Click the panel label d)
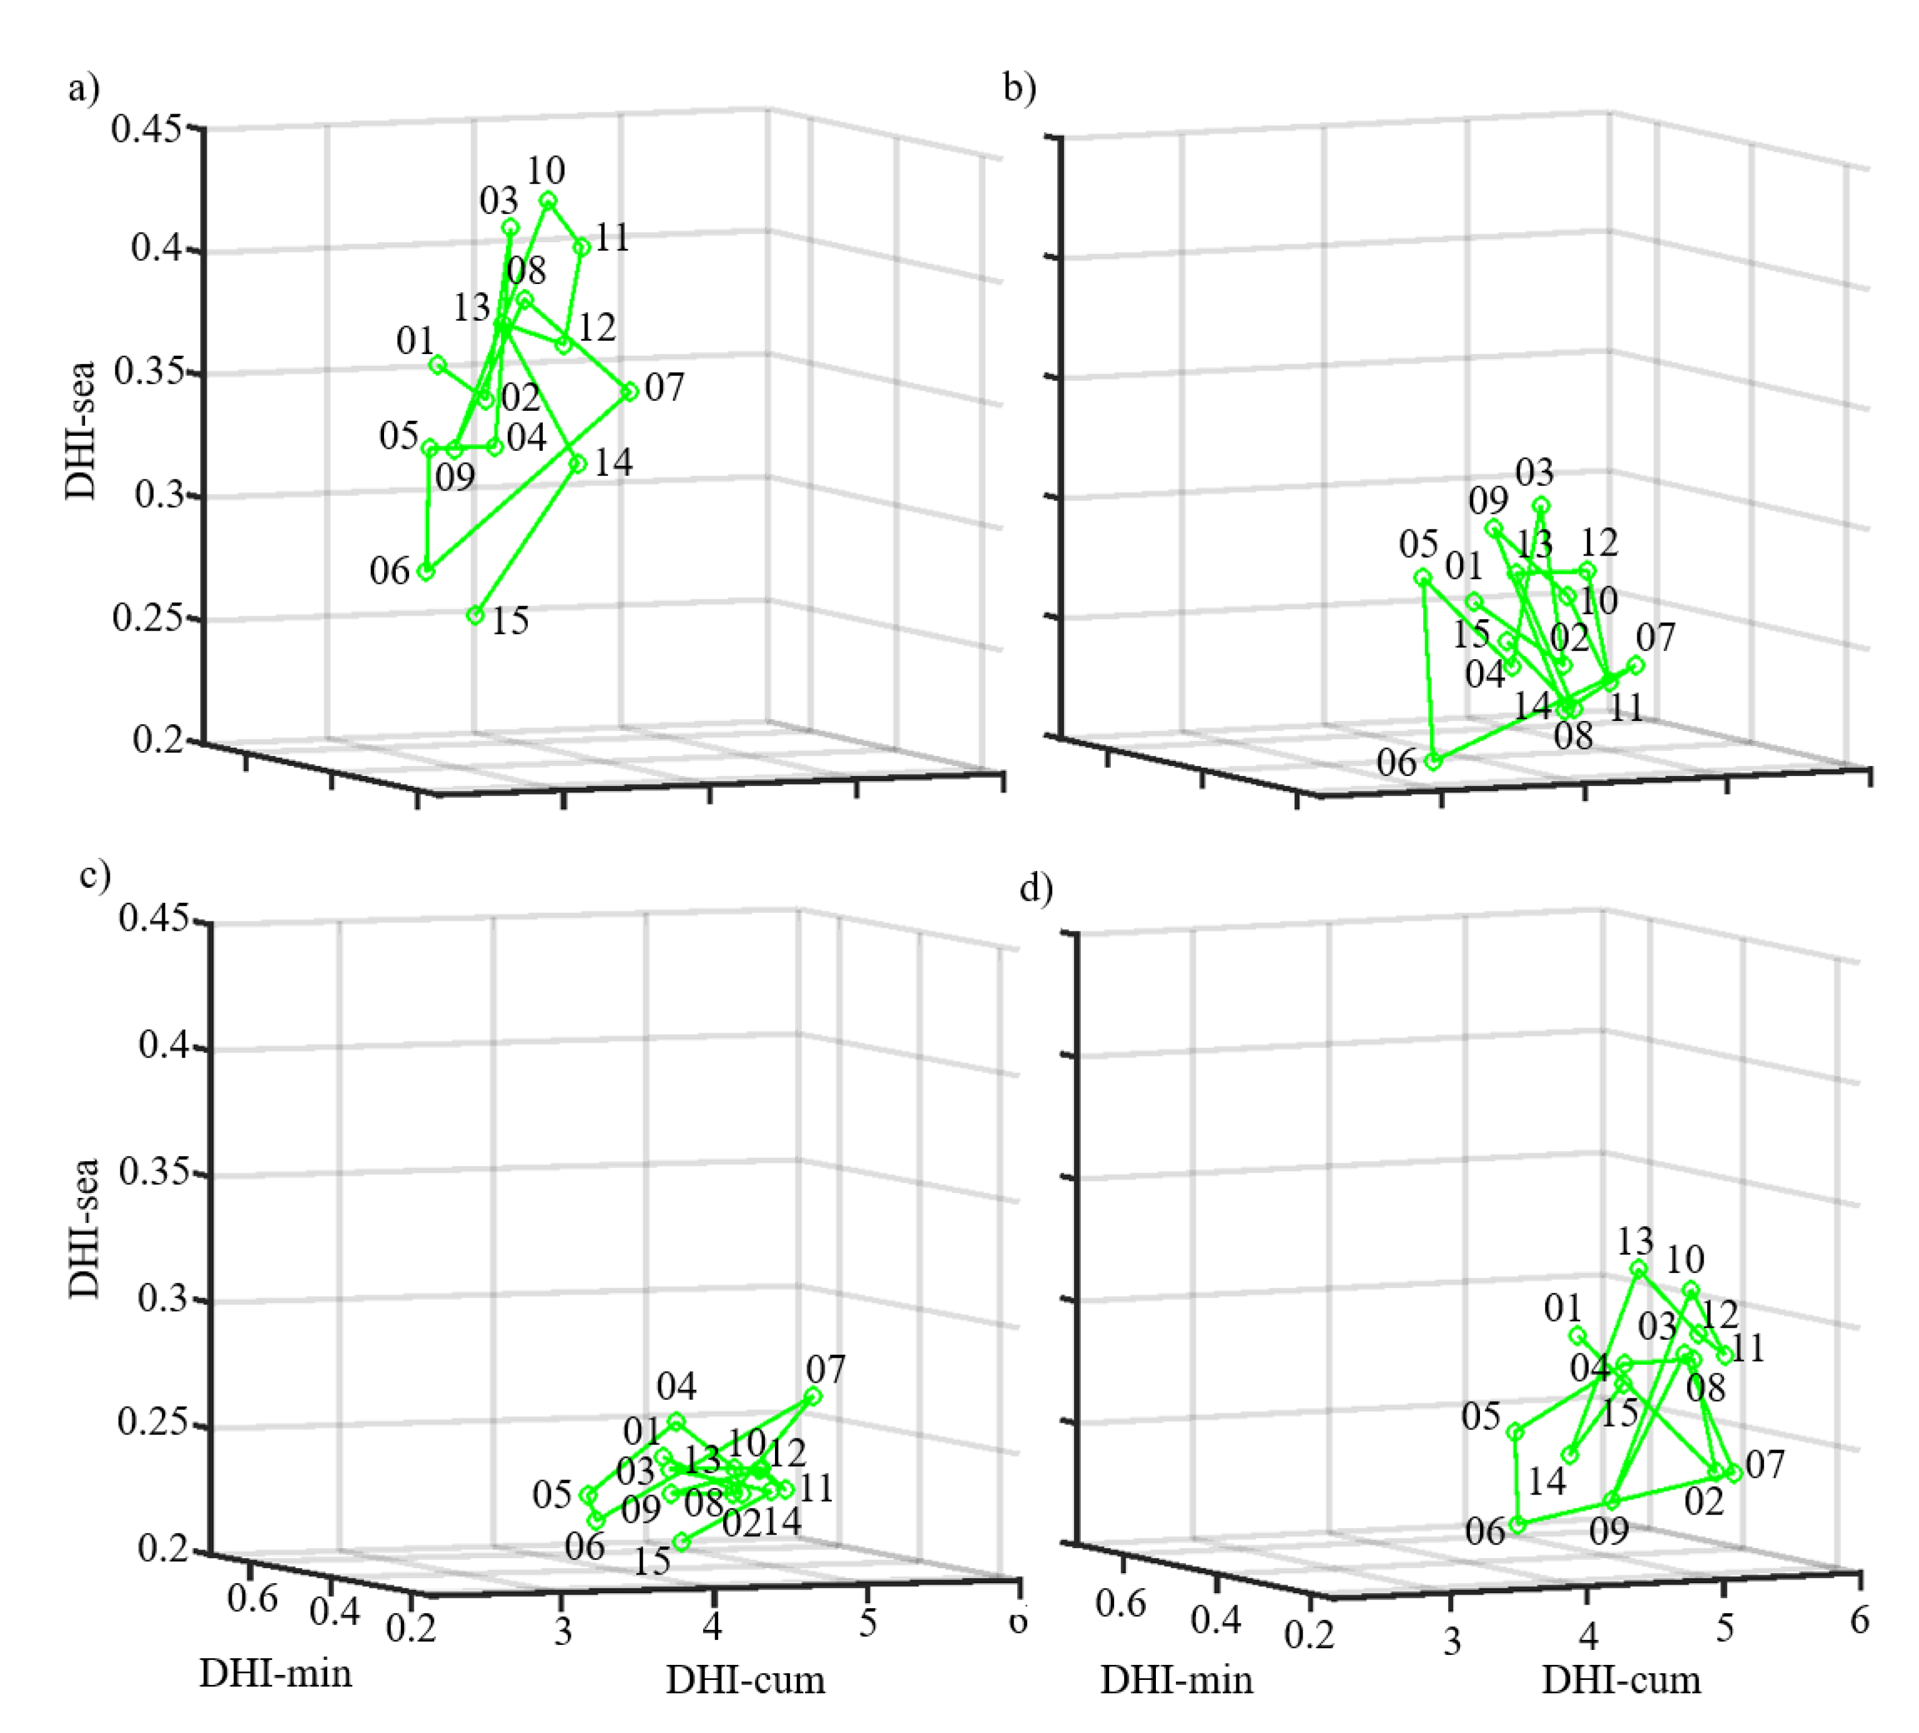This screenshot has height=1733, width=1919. click(x=1035, y=889)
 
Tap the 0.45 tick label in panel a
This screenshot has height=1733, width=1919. click(x=146, y=127)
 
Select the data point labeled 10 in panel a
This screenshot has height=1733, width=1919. click(x=547, y=200)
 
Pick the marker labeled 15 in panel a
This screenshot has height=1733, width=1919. click(x=475, y=616)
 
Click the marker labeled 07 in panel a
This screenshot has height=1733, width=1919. click(x=629, y=391)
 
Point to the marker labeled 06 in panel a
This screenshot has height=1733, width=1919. click(x=427, y=571)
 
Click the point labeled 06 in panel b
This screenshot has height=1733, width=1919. click(x=1434, y=762)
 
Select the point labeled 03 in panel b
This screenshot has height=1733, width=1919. click(x=1541, y=505)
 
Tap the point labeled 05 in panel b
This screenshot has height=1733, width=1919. click(x=1422, y=577)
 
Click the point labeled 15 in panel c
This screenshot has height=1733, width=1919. click(x=681, y=1541)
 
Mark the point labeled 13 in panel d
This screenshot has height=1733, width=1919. click(x=1638, y=1269)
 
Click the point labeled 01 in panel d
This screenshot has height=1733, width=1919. click(x=1577, y=1335)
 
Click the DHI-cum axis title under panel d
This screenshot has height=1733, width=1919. click(x=1620, y=1680)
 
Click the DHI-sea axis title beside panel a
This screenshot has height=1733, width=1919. click(x=82, y=430)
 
